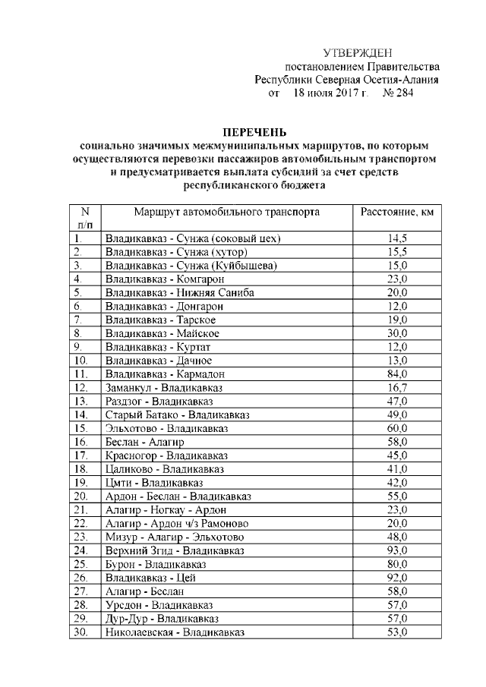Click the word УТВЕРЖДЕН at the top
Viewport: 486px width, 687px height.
(x=358, y=53)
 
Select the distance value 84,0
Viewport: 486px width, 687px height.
(x=397, y=373)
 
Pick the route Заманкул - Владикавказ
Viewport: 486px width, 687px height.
(x=159, y=387)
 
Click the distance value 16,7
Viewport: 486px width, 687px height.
(x=397, y=387)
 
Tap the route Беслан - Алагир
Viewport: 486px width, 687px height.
(x=144, y=441)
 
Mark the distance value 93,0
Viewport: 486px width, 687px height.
(x=397, y=550)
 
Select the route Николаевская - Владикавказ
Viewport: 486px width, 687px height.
(x=175, y=632)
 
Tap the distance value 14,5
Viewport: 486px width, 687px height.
(x=397, y=238)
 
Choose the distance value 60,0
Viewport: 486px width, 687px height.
(x=397, y=428)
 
